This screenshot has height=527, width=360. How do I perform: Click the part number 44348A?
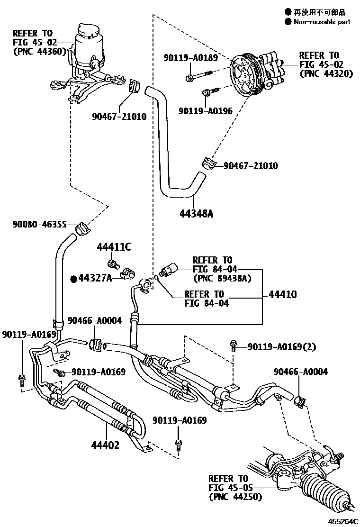tap(196, 213)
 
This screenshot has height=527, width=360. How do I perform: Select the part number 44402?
tap(105, 445)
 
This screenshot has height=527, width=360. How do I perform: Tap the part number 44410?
tap(282, 294)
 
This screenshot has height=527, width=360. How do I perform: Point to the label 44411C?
tap(114, 247)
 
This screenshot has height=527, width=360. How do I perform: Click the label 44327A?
tap(95, 278)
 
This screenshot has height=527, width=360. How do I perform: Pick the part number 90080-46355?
tap(39, 224)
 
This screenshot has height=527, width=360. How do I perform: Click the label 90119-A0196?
tap(206, 111)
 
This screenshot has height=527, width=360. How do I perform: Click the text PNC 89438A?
tap(222, 278)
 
